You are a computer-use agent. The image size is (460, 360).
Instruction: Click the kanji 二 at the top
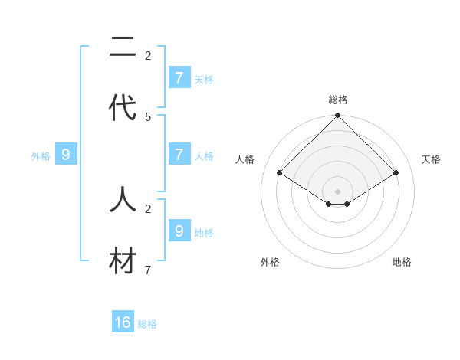[123, 50]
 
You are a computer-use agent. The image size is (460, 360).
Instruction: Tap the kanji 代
[123, 108]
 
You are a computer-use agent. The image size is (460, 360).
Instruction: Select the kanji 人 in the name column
[123, 200]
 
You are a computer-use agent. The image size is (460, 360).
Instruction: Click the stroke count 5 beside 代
[148, 116]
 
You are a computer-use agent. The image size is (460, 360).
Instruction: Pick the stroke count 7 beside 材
[148, 270]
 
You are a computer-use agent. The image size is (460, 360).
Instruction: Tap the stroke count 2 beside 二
[148, 55]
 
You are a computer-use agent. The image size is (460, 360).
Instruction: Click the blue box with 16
[123, 322]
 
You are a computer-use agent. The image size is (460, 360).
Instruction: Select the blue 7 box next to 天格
[179, 77]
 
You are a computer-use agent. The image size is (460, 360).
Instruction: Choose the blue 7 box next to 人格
[179, 154]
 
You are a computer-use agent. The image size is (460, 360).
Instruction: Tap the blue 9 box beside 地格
[179, 231]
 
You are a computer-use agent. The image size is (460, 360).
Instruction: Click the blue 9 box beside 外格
[66, 155]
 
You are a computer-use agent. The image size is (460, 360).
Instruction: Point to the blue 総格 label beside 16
[148, 324]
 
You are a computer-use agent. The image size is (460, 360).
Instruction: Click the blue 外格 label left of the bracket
[41, 156]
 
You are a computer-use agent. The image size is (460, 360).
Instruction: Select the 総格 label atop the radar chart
[338, 100]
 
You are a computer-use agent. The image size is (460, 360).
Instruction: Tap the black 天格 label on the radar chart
[432, 159]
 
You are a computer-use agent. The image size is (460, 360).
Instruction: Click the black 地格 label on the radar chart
[402, 262]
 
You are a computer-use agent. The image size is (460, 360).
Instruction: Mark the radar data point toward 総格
[338, 116]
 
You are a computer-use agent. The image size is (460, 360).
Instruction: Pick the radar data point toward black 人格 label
[280, 173]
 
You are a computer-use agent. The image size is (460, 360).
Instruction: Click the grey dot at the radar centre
[338, 191]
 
